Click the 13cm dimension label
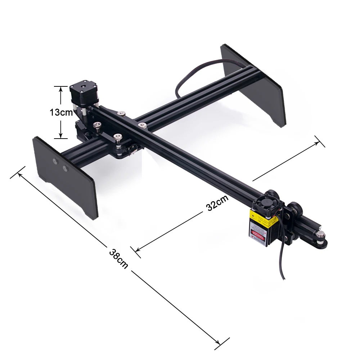click(x=61, y=112)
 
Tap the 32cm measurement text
click(x=217, y=204)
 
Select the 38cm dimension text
click(x=118, y=258)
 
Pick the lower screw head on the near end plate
click(x=66, y=168)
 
